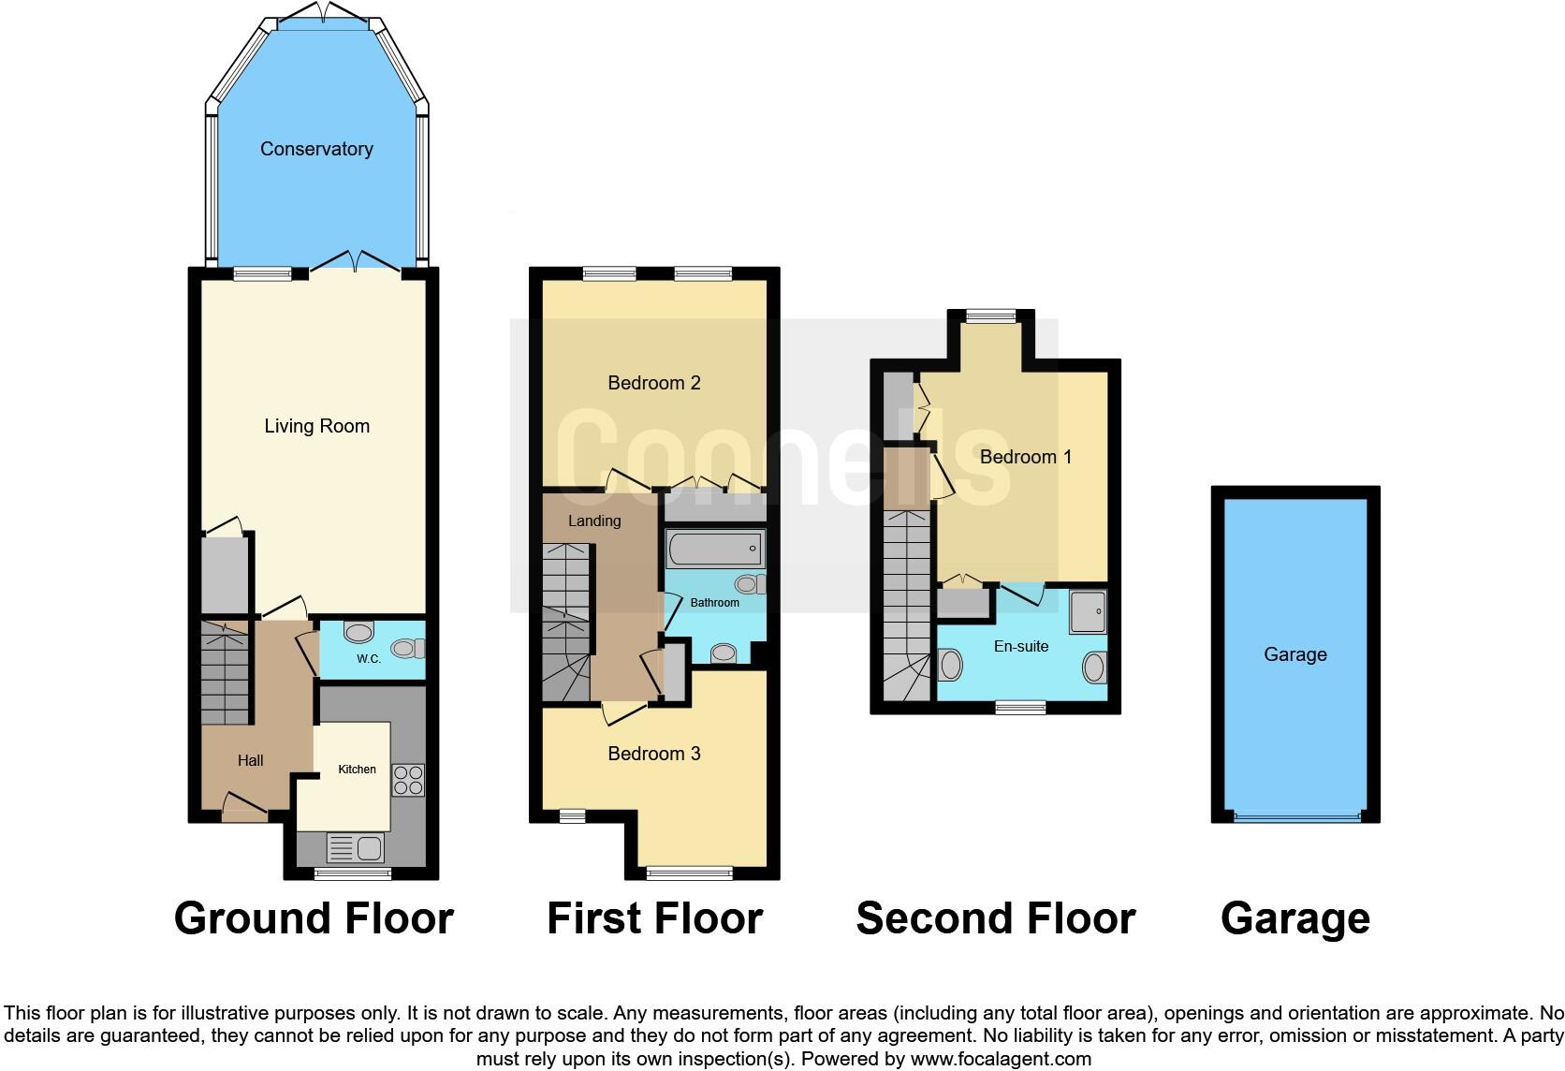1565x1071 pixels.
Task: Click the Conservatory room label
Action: (x=316, y=149)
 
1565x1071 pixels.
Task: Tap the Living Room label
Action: (x=316, y=426)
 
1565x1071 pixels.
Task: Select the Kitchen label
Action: (x=357, y=770)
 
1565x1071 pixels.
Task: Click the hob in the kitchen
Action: (x=407, y=780)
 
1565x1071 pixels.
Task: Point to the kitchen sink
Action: (x=356, y=849)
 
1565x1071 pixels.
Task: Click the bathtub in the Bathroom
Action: (x=715, y=549)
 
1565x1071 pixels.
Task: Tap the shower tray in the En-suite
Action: (x=1088, y=611)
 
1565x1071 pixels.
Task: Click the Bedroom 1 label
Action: (x=1025, y=457)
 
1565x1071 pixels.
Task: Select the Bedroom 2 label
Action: (x=653, y=383)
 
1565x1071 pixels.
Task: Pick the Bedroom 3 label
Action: (x=653, y=754)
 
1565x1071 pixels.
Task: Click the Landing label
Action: (x=594, y=521)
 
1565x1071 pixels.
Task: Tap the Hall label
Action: (x=250, y=760)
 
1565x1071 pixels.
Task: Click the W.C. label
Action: (x=369, y=659)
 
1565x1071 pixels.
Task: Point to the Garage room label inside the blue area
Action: (x=1294, y=654)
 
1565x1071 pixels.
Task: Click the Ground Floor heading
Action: (x=314, y=918)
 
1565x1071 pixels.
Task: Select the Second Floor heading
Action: (x=995, y=918)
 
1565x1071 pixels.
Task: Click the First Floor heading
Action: (x=654, y=918)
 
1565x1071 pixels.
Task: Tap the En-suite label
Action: (x=1020, y=646)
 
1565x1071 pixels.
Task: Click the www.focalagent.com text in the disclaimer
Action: (x=1001, y=1059)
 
